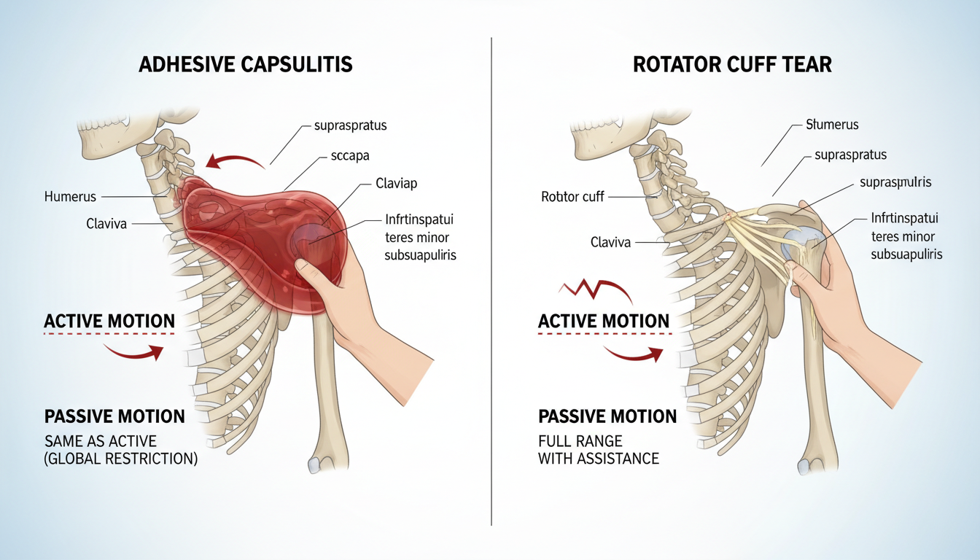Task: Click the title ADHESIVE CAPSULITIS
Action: [246, 65]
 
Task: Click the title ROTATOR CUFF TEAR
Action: [732, 65]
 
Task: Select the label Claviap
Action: [396, 183]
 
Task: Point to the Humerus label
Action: [70, 196]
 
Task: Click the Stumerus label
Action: [832, 125]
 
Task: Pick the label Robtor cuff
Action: [572, 196]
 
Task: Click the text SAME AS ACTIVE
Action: [101, 441]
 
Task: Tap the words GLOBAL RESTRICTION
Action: [121, 460]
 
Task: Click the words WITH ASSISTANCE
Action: [598, 459]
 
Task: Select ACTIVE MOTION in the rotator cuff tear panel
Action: [604, 321]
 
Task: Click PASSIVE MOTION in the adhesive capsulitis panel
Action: [114, 416]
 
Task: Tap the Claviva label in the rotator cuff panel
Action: [610, 242]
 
